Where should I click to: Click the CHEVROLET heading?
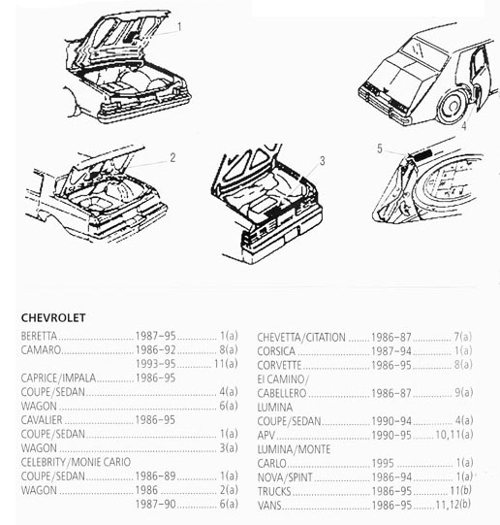pos(53,317)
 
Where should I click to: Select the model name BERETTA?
pos(39,336)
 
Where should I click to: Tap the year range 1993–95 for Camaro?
pos(155,364)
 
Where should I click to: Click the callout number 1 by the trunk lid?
pos(179,27)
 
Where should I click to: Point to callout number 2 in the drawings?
pos(172,158)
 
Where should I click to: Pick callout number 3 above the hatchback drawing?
pos(323,161)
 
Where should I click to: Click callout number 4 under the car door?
pos(464,126)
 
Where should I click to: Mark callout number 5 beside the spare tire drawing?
pos(380,148)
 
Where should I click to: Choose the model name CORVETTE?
pos(279,365)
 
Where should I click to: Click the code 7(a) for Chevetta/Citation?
pos(463,337)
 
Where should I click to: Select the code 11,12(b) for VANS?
pos(453,505)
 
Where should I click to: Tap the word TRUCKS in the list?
pos(274,491)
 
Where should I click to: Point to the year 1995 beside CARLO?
pos(383,464)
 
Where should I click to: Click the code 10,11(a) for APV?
pos(453,435)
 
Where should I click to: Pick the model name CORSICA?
pos(276,351)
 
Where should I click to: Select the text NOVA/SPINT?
pos(285,477)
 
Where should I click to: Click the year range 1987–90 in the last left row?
pos(155,505)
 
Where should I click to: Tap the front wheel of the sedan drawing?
pos(453,106)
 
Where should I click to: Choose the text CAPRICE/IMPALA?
pos(58,378)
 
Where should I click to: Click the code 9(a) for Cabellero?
pos(463,393)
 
